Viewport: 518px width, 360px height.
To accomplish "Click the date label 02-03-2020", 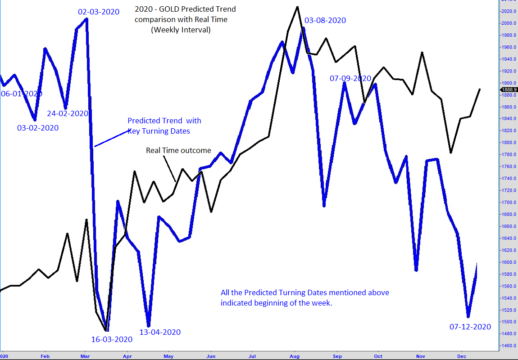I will pyautogui.click(x=99, y=12).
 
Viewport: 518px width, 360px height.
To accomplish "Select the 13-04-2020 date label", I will pyautogui.click(x=159, y=332).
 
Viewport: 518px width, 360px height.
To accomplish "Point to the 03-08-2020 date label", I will pyautogui.click(x=325, y=20).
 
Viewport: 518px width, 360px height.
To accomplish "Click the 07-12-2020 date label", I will pyautogui.click(x=470, y=327).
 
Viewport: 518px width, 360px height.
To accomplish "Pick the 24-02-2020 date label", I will pyautogui.click(x=68, y=113).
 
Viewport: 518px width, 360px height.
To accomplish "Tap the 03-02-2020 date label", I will pyautogui.click(x=38, y=128).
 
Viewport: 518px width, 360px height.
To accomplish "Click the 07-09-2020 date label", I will pyautogui.click(x=350, y=78).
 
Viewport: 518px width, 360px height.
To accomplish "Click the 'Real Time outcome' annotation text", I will pyautogui.click(x=178, y=150).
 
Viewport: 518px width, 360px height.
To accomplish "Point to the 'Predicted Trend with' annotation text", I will pyautogui.click(x=164, y=121).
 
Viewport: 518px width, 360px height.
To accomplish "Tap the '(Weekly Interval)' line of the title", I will pyautogui.click(x=181, y=30).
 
